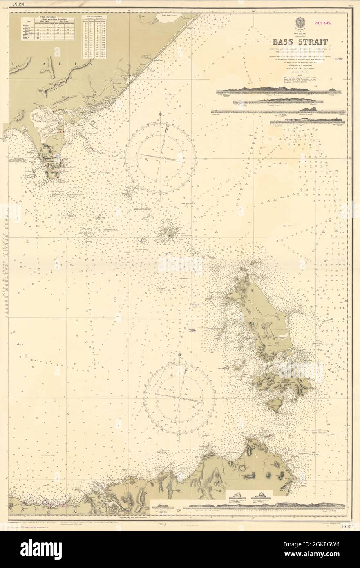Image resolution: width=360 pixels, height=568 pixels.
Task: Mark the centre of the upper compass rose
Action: coord(161,158)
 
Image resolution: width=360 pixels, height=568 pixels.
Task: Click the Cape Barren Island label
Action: coord(282,382)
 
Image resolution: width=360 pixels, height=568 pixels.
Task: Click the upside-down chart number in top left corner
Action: coord(17,5)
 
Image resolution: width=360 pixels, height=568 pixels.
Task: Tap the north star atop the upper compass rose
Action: coord(162,114)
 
